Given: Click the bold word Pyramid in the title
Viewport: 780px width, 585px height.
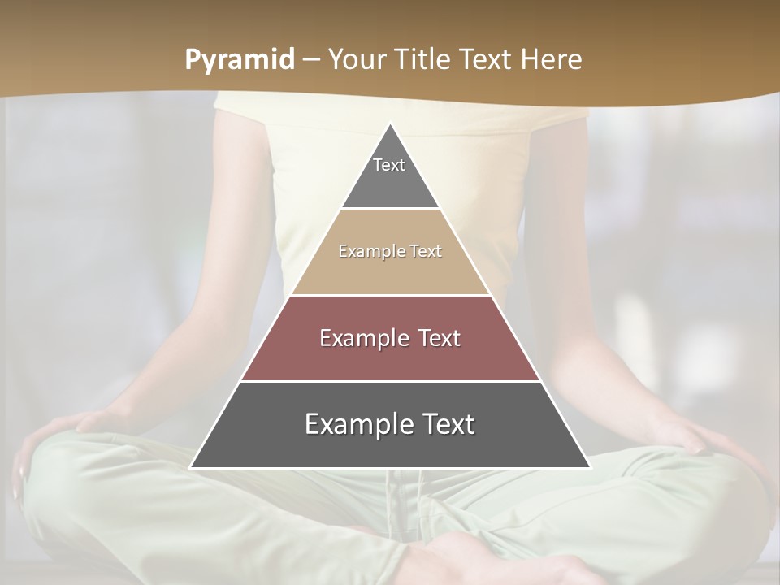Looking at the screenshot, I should tap(240, 60).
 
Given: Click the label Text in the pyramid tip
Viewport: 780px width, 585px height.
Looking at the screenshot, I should tap(389, 165).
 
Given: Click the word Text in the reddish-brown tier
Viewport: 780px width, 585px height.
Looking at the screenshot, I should tap(440, 338).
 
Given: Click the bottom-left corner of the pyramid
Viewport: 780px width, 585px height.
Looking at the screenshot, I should tap(191, 467).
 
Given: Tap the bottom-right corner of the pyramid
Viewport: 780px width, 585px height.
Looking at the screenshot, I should tap(590, 467).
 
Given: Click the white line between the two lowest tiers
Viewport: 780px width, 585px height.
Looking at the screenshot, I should tap(390, 381).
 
